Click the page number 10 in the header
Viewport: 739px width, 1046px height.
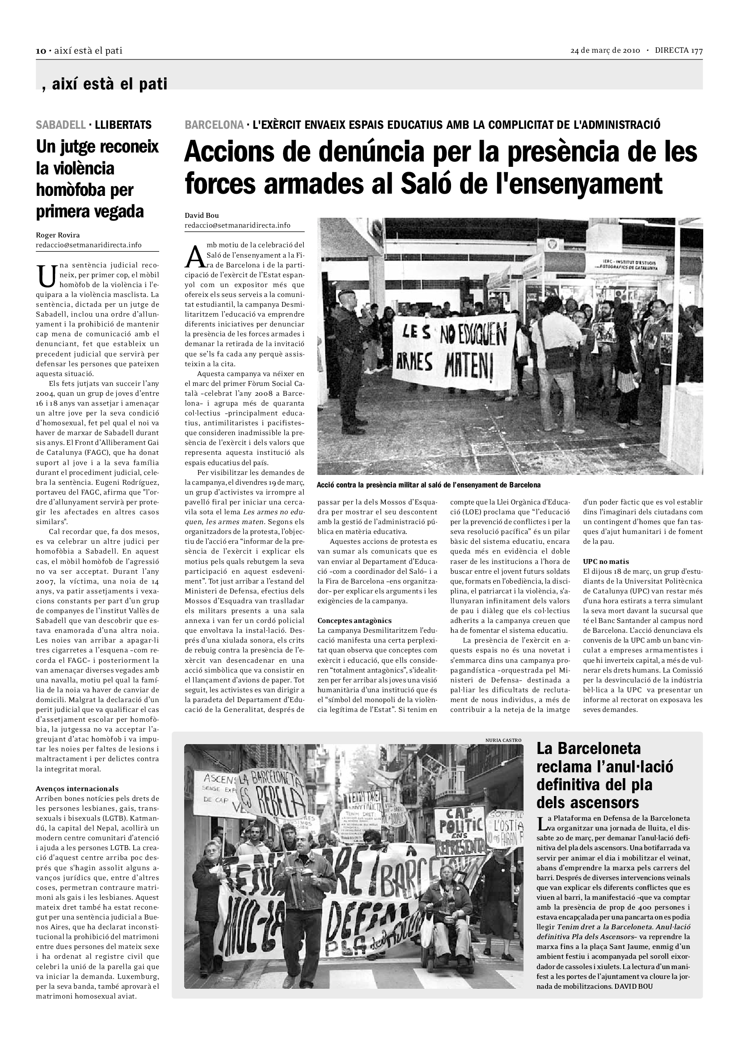(x=41, y=51)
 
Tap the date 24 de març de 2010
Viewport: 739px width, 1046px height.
(x=605, y=51)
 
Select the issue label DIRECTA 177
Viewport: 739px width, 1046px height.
(x=679, y=51)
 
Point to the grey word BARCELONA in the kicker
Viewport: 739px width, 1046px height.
(x=214, y=125)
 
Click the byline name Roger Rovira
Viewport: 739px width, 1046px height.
(x=58, y=235)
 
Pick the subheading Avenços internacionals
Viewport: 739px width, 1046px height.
(x=77, y=788)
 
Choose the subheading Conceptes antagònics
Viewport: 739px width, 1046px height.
(x=354, y=621)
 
